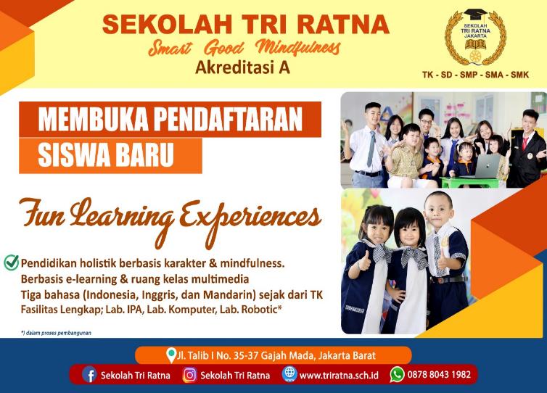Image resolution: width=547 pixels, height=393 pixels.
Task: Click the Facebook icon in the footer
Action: [90, 375]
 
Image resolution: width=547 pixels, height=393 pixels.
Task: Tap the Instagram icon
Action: [190, 375]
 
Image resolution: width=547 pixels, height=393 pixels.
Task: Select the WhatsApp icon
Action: [397, 375]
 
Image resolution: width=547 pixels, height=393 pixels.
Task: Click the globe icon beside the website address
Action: [289, 375]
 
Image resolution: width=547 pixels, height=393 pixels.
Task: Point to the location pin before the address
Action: [171, 355]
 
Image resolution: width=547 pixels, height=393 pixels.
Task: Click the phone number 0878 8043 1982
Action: [439, 375]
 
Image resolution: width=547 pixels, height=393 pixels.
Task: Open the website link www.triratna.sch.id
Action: [339, 376]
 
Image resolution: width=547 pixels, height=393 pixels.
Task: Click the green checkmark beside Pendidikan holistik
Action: [11, 262]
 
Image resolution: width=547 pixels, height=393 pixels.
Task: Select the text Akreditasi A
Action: [242, 67]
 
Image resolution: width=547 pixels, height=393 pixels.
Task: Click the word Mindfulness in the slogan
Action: [297, 48]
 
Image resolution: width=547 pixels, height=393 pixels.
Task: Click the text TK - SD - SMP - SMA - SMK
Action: [475, 75]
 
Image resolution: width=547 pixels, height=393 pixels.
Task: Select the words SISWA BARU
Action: [106, 155]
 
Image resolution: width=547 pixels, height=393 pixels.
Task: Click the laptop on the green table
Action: [482, 166]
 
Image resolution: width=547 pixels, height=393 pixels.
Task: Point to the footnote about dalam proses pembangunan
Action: [56, 333]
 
